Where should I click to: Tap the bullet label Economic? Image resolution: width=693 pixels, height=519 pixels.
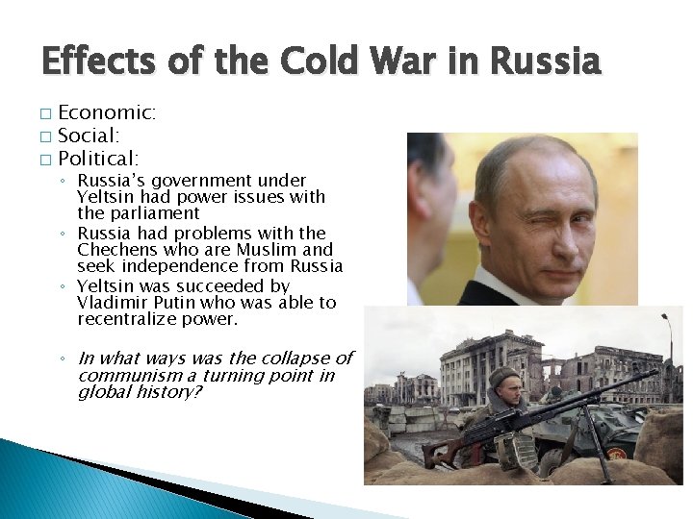107,112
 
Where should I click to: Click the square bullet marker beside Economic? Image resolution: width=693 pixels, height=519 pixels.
45,114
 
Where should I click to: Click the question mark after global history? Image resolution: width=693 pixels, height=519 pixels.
197,392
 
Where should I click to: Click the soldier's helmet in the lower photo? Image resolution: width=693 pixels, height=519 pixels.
503,377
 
